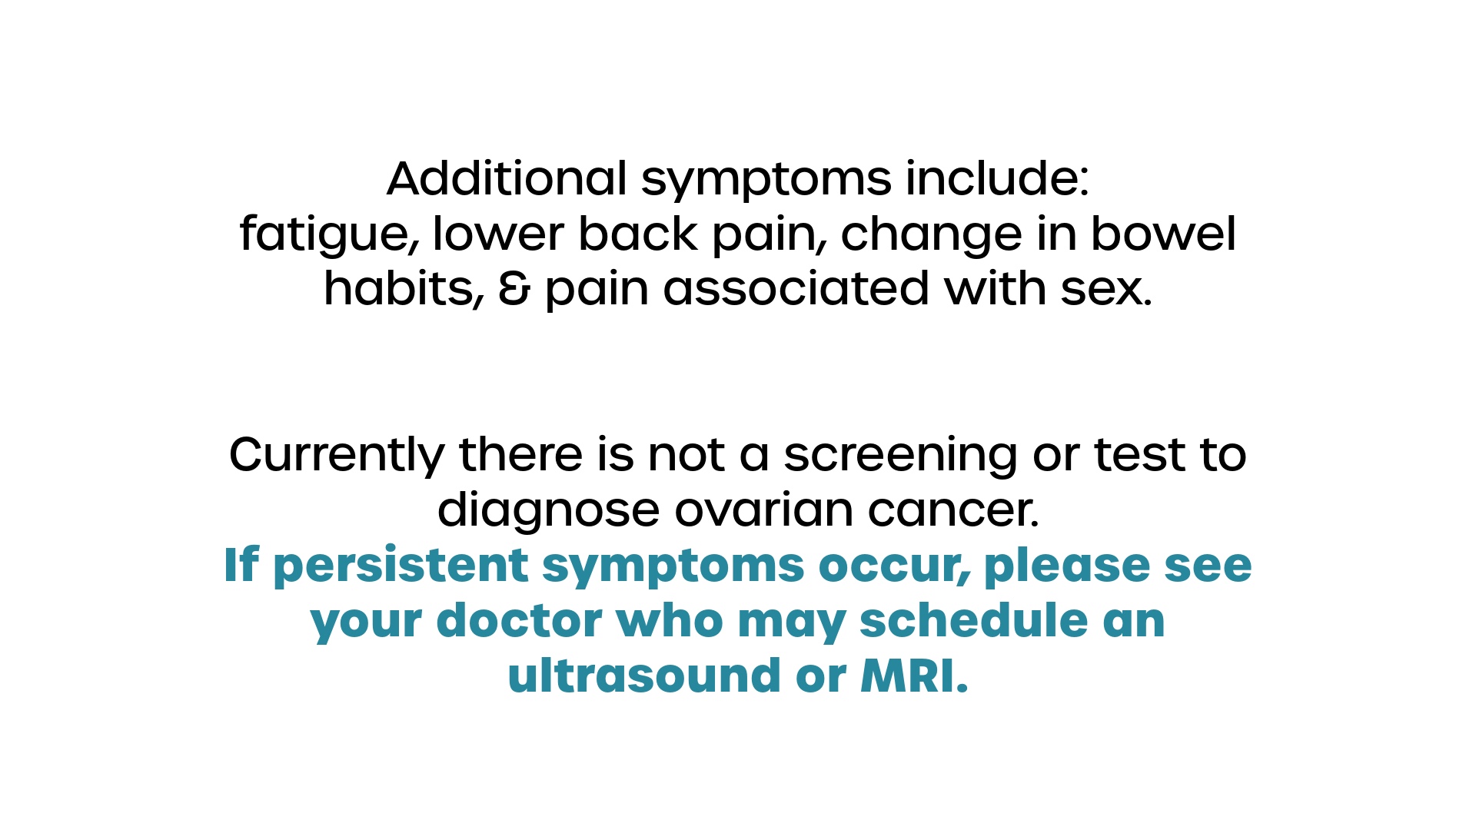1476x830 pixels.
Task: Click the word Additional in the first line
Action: click(x=507, y=178)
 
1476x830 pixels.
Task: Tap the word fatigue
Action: click(x=330, y=235)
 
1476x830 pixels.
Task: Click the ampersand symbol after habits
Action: click(x=514, y=289)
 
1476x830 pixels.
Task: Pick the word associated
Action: click(x=796, y=289)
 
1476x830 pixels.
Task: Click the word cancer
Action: click(x=953, y=512)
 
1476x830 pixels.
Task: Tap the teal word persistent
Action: click(x=401, y=566)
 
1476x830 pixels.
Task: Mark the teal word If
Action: click(x=241, y=565)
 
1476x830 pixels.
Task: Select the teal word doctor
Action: click(x=519, y=620)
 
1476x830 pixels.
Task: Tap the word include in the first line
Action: click(x=997, y=178)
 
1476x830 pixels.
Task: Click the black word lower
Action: click(x=497, y=234)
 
